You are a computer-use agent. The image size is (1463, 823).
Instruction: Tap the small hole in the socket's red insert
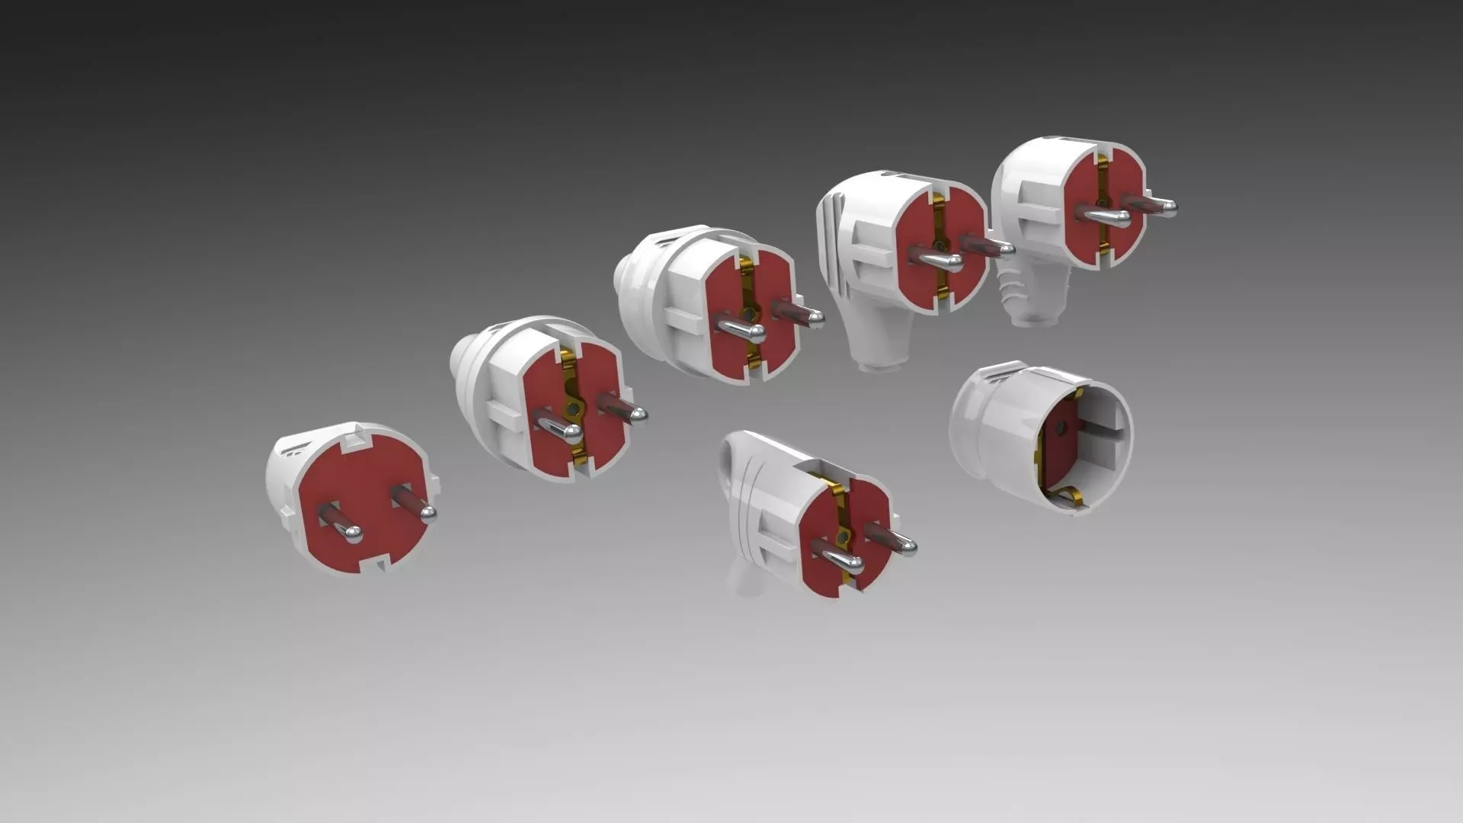[1060, 428]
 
